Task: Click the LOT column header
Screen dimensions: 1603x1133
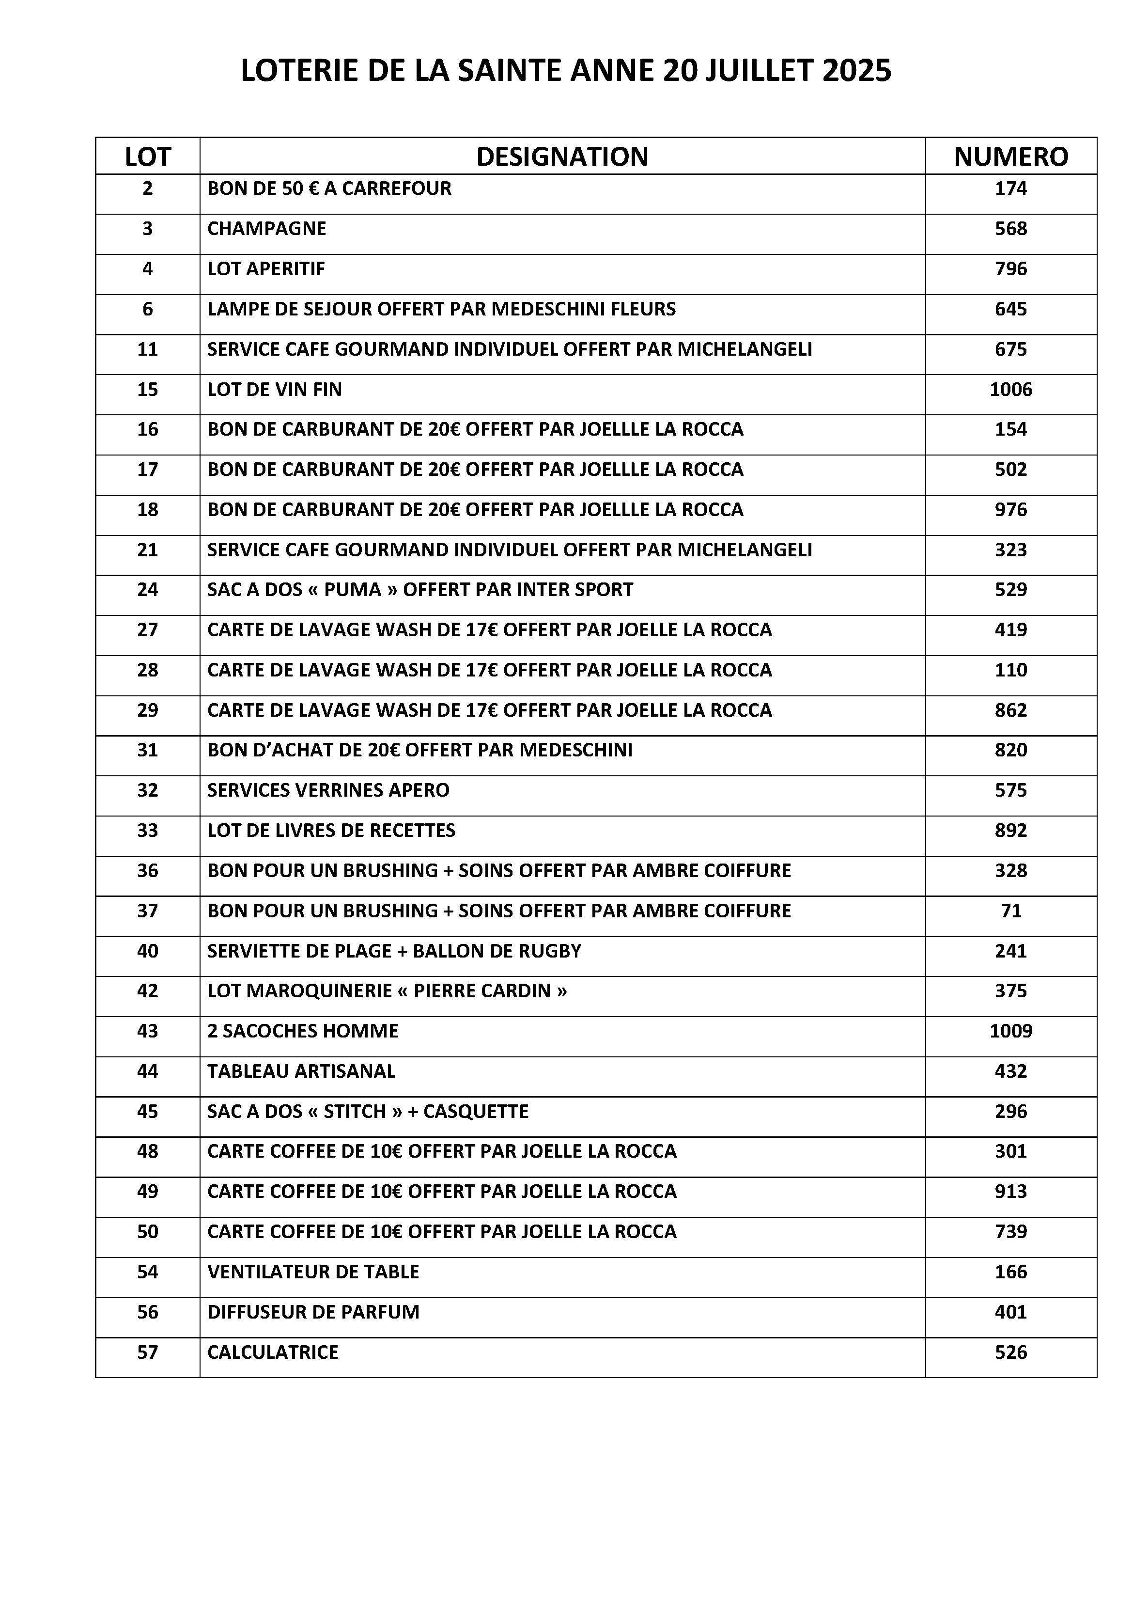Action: [x=147, y=157]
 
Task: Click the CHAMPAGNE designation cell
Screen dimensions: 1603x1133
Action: [x=267, y=229]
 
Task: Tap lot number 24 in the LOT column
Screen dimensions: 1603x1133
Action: [x=147, y=590]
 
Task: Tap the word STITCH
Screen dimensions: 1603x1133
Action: [x=355, y=1112]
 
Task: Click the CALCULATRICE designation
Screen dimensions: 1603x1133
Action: [x=272, y=1352]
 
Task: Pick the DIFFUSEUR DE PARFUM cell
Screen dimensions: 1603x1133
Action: [x=313, y=1313]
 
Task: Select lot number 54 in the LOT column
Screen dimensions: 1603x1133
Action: [x=147, y=1272]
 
